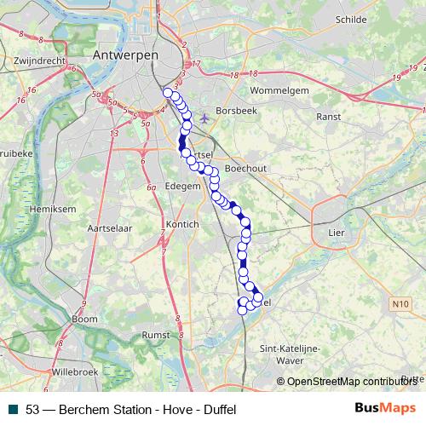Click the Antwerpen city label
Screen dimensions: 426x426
[124, 54]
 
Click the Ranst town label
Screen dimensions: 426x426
[328, 116]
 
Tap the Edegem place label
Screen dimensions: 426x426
[181, 185]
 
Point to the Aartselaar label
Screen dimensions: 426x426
[108, 228]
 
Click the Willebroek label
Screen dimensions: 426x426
[75, 372]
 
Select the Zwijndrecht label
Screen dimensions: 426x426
[40, 61]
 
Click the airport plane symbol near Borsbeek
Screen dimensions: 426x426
[204, 118]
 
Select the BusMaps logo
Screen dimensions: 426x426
[386, 407]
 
